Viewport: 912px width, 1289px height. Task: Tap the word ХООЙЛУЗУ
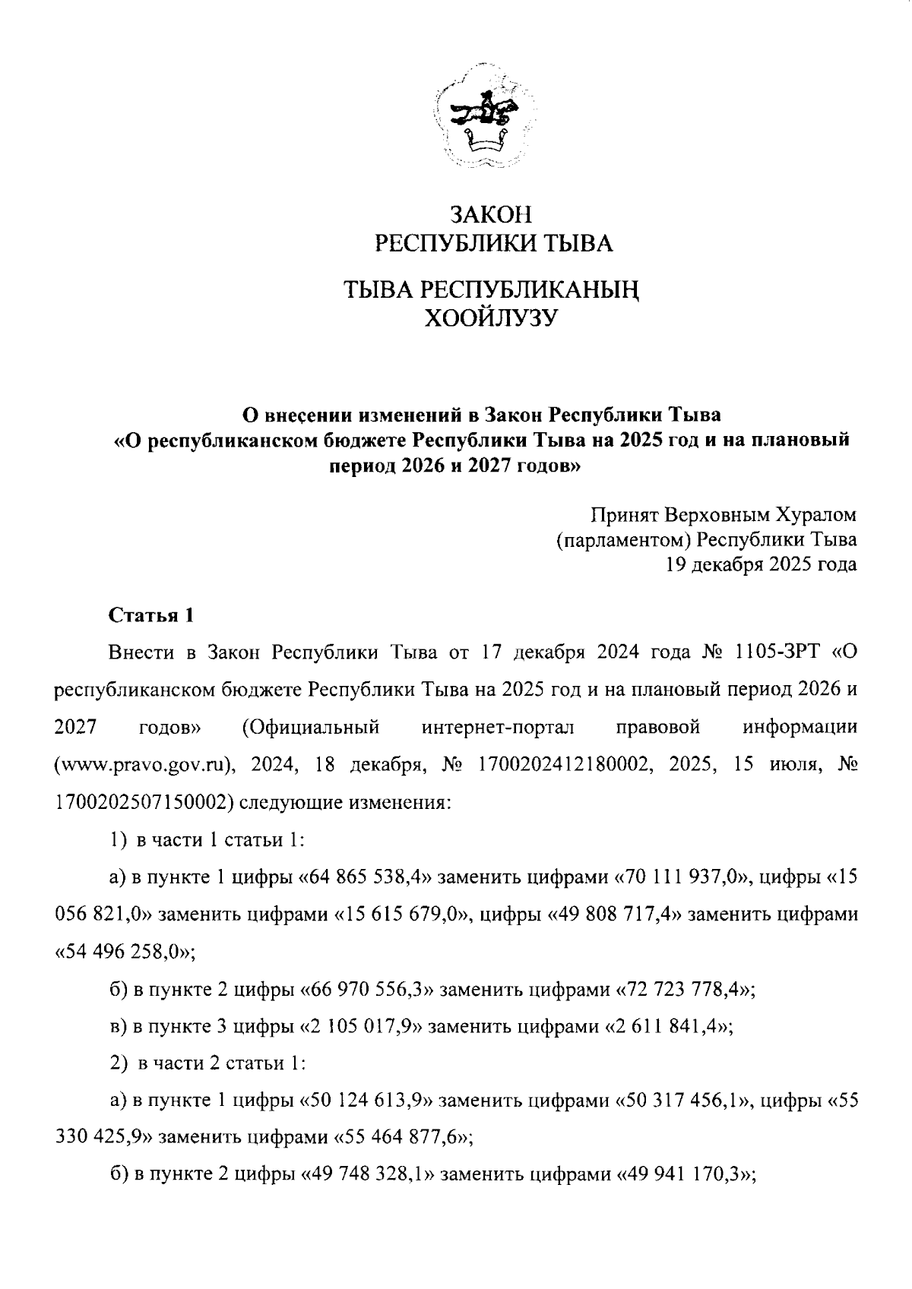[493, 319]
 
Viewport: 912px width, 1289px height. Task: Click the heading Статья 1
[153, 615]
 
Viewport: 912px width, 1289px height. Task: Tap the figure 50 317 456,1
[682, 1101]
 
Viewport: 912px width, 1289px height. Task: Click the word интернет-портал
[498, 727]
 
